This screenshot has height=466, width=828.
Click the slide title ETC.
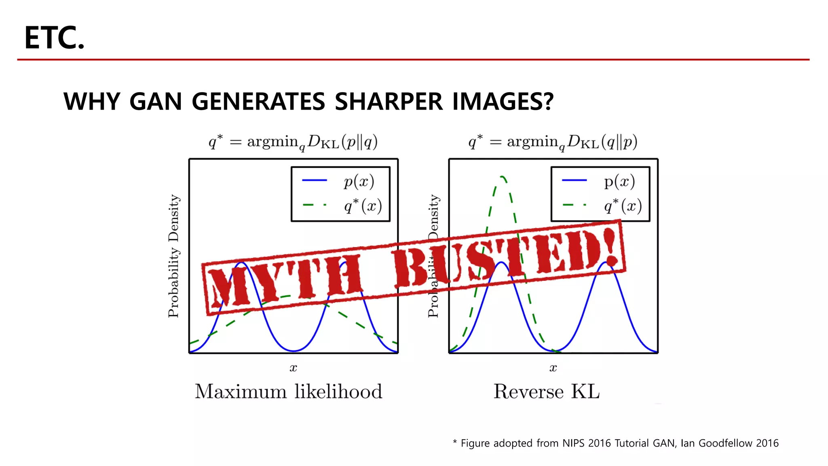pos(54,38)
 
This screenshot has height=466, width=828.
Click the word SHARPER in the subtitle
pos(389,101)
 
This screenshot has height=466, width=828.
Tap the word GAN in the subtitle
pos(156,101)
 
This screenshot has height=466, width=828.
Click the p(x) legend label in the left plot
pos(359,181)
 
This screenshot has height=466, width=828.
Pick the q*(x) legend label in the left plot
pos(363,205)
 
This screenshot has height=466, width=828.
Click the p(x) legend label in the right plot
pos(619,181)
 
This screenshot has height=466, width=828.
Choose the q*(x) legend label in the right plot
pos(623,205)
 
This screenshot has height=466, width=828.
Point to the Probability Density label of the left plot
pos(173,256)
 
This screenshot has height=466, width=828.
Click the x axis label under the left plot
pos(293,368)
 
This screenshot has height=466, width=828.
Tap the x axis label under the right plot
pos(553,368)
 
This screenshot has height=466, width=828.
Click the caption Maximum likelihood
pos(288,392)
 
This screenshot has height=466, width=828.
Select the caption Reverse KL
pos(546,392)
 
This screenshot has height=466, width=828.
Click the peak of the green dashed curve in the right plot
pos(502,177)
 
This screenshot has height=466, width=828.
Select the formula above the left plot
pos(293,142)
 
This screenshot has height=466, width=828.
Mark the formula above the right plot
pos(552,142)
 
